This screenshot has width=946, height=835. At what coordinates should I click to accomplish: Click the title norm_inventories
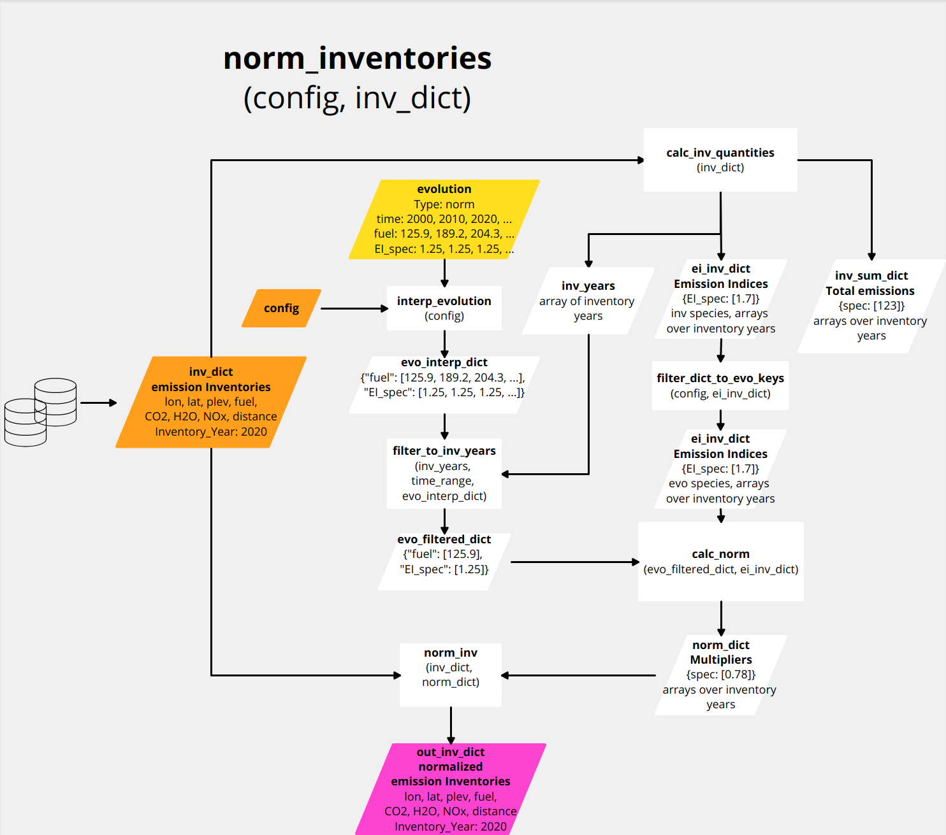(x=357, y=59)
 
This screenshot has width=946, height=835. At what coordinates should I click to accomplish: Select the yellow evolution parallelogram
(x=444, y=219)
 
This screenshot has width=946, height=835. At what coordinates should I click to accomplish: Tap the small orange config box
(x=281, y=308)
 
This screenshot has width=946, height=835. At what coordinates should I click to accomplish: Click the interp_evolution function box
(x=444, y=308)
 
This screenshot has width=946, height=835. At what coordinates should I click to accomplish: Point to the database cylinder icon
(x=41, y=411)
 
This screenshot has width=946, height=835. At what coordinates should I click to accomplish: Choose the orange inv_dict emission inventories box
(x=211, y=402)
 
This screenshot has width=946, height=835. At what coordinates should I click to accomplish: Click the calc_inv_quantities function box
(x=720, y=160)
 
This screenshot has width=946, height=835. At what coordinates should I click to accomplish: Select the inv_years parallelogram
(x=588, y=301)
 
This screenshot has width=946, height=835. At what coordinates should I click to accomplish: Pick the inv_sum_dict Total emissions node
(x=871, y=306)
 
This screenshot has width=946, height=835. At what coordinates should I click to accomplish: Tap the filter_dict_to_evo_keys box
(x=720, y=386)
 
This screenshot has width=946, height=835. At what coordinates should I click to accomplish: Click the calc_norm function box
(x=720, y=562)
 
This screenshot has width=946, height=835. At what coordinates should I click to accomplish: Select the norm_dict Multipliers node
(x=720, y=674)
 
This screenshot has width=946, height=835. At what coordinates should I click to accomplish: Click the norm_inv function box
(x=451, y=674)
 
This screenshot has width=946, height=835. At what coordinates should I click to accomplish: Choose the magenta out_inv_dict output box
(x=451, y=789)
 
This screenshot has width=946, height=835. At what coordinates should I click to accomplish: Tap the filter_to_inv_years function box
(x=444, y=473)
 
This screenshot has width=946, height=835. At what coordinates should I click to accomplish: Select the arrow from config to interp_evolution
(x=354, y=308)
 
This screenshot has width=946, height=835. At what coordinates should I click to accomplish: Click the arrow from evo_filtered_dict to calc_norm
(x=574, y=562)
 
